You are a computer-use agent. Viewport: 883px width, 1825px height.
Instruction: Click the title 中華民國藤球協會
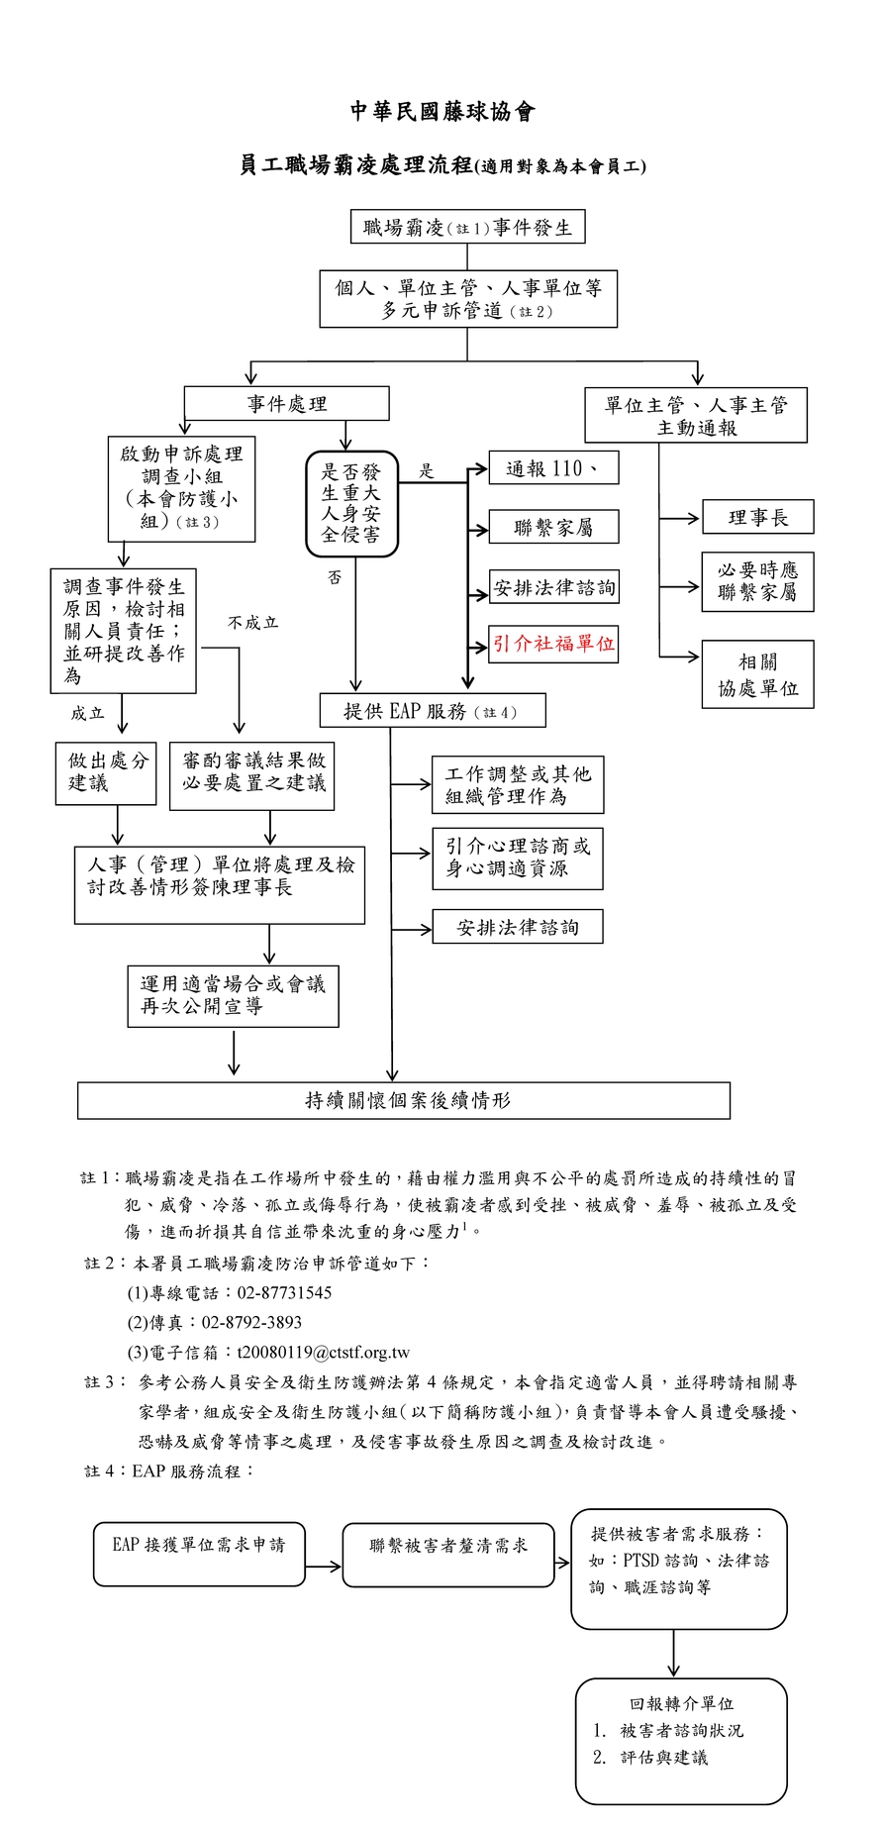pos(442,112)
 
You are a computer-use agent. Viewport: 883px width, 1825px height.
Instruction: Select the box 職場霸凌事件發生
pos(467,227)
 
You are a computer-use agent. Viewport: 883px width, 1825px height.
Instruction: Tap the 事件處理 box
pos(286,404)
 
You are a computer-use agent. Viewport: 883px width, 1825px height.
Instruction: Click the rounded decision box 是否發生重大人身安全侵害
pos(351,504)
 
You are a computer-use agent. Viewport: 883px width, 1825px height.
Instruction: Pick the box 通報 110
pos(553,468)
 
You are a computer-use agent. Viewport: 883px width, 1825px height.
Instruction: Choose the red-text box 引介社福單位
pos(553,644)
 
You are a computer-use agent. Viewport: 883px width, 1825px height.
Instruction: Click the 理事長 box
pos(757,517)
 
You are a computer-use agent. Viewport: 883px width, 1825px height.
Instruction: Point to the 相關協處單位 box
pos(757,674)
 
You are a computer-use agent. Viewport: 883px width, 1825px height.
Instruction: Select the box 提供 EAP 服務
pos(432,711)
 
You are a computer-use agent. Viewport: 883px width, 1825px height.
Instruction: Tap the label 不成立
pos(252,623)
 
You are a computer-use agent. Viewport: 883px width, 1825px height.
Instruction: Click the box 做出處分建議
pos(106,772)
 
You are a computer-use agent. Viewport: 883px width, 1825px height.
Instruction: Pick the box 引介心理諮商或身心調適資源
pos(517,858)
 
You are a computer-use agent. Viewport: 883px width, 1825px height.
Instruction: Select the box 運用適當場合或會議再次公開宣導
pos(233,995)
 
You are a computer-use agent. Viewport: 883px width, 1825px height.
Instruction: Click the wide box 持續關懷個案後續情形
pos(404,1100)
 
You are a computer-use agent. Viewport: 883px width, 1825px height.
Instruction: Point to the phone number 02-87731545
pos(284,1292)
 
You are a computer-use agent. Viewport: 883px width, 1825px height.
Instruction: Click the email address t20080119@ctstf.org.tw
pos(323,1353)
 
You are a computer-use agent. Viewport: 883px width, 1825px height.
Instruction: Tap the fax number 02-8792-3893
pos(251,1322)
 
